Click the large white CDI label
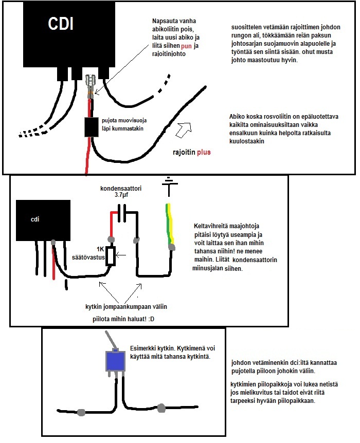[x=60, y=24]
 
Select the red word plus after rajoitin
[x=202, y=152]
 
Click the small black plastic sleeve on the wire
[x=92, y=128]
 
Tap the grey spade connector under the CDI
[x=92, y=84]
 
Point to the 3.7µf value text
[x=122, y=196]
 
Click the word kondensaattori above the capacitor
[x=121, y=189]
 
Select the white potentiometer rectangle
[x=110, y=254]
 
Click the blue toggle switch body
[x=115, y=362]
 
